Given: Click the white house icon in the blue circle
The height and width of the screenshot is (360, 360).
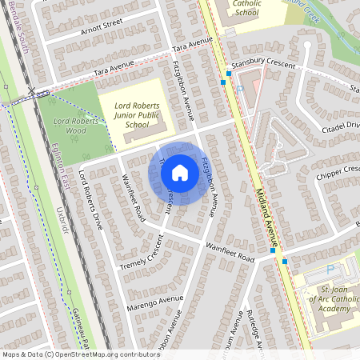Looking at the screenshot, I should click(180, 172).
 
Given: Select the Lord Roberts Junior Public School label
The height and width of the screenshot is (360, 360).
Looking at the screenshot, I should click(142, 114).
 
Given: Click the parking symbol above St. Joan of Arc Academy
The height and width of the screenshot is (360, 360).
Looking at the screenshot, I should click(330, 271).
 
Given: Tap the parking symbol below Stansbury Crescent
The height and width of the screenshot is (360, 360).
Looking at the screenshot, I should click(238, 89).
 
